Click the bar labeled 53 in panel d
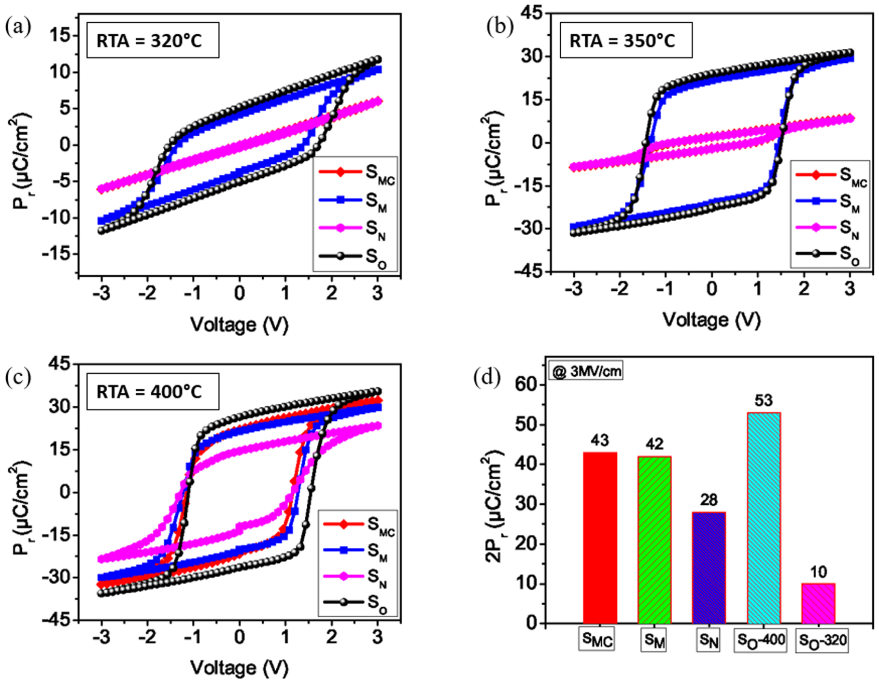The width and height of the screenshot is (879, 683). (x=764, y=517)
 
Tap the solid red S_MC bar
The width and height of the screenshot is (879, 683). (x=600, y=537)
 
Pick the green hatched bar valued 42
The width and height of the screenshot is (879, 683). (x=654, y=539)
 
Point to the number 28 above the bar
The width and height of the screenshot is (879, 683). (x=709, y=499)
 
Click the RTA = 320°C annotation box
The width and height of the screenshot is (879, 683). (x=153, y=41)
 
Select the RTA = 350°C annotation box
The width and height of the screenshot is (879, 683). (x=626, y=41)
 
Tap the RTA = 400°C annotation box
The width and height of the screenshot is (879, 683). (x=153, y=392)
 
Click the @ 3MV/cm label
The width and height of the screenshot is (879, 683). (x=586, y=371)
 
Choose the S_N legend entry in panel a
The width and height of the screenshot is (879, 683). (x=355, y=228)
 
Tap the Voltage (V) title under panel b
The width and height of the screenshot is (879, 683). (x=711, y=320)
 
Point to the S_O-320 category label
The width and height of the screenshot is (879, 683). (x=822, y=640)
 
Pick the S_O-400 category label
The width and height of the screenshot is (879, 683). (x=761, y=640)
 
